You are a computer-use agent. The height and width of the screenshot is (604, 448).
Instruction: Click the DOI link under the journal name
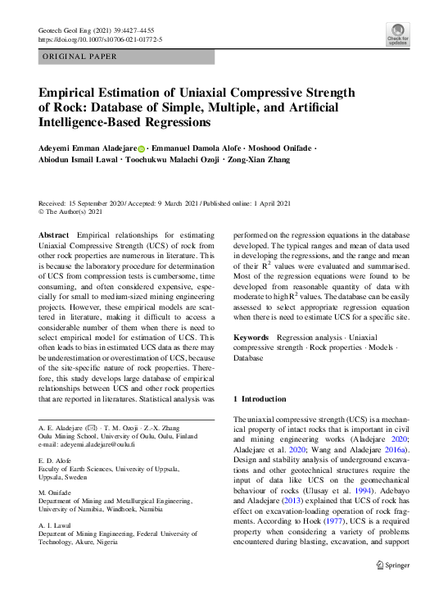pos(101,39)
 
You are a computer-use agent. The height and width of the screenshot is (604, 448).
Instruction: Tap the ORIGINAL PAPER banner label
pos(79,57)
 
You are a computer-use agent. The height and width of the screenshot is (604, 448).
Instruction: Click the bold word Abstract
pos(54,235)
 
